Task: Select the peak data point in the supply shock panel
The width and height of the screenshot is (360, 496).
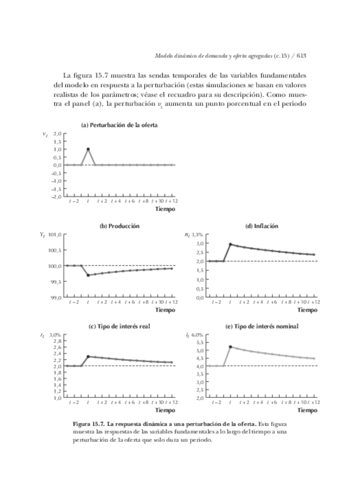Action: click(88, 149)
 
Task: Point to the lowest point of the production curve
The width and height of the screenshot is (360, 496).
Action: click(88, 275)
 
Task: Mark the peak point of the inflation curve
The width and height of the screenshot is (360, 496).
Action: click(230, 244)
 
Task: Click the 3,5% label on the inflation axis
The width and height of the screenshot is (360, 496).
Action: click(200, 235)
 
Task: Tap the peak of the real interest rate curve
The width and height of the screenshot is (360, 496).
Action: click(88, 356)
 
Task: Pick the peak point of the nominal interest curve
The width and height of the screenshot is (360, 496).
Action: click(230, 346)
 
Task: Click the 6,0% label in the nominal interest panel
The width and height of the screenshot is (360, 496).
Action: click(200, 335)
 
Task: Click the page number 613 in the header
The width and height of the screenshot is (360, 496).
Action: click(302, 56)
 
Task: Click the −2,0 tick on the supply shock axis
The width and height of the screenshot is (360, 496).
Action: click(56, 197)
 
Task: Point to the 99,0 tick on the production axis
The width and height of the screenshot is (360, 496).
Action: click(56, 298)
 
